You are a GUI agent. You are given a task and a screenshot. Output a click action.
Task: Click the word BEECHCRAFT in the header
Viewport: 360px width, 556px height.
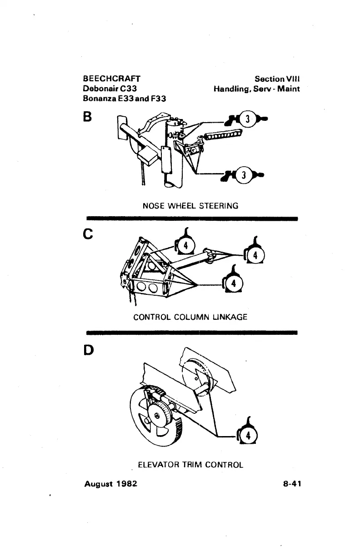tap(112, 79)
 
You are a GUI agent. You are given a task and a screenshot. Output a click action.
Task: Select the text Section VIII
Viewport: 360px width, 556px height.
tap(277, 79)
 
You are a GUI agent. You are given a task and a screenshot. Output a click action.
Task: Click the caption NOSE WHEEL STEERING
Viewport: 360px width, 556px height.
tap(190, 206)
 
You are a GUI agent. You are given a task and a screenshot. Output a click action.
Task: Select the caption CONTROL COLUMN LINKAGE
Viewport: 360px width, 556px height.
tap(190, 317)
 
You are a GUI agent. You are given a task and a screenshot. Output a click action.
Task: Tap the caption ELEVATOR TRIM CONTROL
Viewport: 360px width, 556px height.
tap(190, 465)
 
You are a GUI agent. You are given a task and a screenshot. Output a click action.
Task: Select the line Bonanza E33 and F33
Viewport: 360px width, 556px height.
tap(121, 98)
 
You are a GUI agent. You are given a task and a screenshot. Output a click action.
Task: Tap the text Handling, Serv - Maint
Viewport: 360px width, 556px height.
tap(257, 88)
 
